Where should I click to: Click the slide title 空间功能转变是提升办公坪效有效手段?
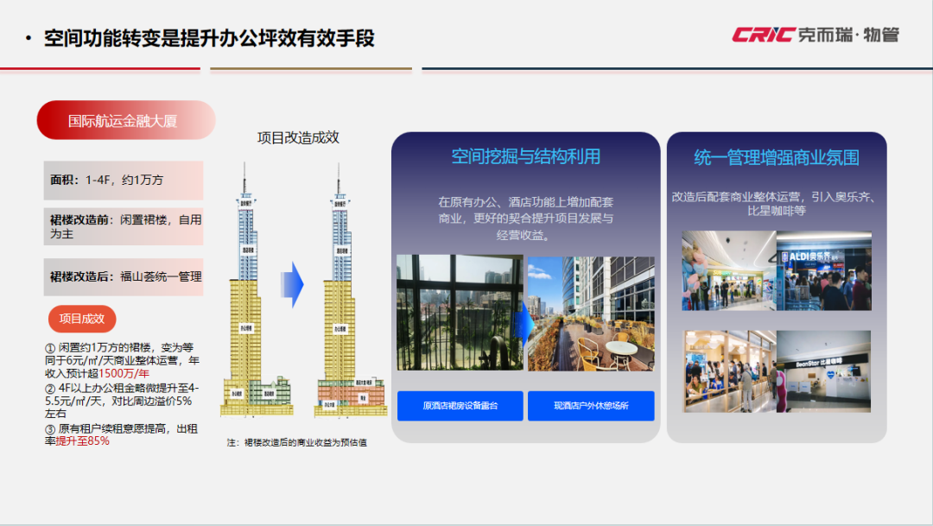tap(209, 38)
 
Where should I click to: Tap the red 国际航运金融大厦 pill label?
tap(124, 120)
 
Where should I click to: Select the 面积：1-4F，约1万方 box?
tap(124, 180)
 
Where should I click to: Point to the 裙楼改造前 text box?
tap(124, 226)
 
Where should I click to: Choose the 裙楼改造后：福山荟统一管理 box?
tap(124, 276)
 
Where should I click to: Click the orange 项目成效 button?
tap(82, 319)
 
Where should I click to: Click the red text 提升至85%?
tap(83, 440)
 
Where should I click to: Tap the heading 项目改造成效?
tap(298, 138)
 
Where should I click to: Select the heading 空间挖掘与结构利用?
tap(525, 156)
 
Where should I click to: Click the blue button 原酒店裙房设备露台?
tap(460, 406)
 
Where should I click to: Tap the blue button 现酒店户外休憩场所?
tap(591, 406)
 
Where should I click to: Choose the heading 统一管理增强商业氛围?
tap(777, 158)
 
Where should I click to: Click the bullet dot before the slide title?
tap(29, 39)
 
